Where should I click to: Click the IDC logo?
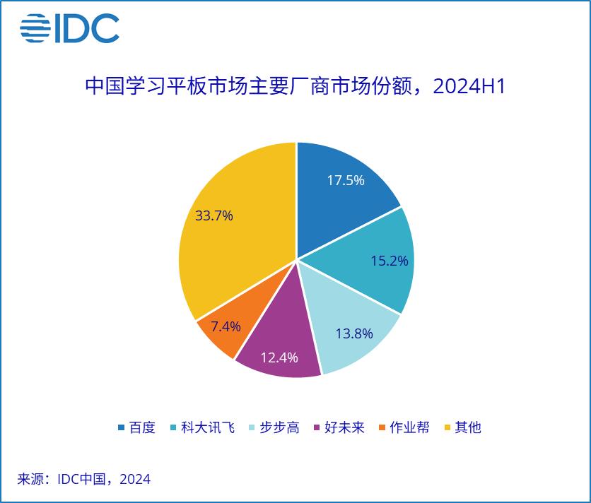(x=69, y=28)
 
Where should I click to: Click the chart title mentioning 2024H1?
(x=295, y=87)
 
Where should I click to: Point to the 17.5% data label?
(x=346, y=180)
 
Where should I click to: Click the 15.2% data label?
(x=390, y=261)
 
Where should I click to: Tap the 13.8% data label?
(x=354, y=334)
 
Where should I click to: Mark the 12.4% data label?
(x=279, y=357)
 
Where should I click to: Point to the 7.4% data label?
(x=226, y=326)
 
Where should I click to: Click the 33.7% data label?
(x=214, y=216)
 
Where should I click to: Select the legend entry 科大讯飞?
(x=201, y=427)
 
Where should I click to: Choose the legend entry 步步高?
(x=274, y=427)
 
